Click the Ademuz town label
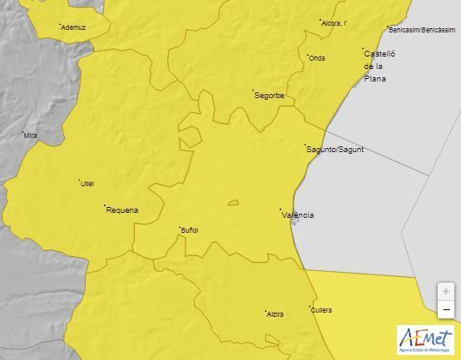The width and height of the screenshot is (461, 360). pos(74,27)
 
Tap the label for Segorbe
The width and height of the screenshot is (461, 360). pos(270,96)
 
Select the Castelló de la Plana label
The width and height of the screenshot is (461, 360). pos(379,66)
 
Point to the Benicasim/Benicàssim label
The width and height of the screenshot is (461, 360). pos(423,30)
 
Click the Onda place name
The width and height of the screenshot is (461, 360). pos(317,58)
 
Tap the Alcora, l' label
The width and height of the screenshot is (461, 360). pos(334,23)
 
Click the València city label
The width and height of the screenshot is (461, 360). pos(299,215)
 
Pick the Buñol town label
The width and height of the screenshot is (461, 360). pos(190,230)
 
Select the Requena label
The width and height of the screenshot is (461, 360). pos(122,210)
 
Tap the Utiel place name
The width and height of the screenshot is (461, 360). pos(87,184)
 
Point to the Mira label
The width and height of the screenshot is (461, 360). pos(31,136)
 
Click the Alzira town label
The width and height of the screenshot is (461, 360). pos(275,314)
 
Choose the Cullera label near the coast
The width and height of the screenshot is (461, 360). pos(322,310)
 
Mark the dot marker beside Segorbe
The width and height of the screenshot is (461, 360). pos(253,90)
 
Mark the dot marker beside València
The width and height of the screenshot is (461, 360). pos(280,210)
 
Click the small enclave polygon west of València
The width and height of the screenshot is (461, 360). pos(233,202)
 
